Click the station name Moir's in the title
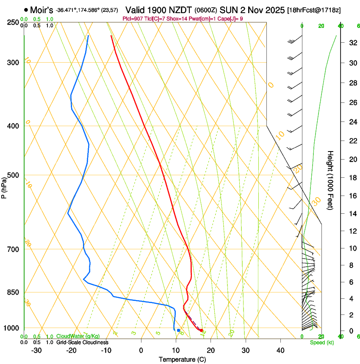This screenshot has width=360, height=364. pos(41,10)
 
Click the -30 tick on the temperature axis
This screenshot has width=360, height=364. pos(36,350)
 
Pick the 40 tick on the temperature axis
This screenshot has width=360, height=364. pos(280,350)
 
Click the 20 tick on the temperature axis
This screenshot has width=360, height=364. pos(210,350)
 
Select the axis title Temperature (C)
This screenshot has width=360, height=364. pos(182,359)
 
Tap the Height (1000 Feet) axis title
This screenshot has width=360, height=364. pos(331,180)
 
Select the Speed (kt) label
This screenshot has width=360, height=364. pos(321,342)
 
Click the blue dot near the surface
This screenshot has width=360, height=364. pos(178,330)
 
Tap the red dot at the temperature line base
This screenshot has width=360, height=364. pos(201,330)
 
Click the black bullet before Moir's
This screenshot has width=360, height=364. pos(26,10)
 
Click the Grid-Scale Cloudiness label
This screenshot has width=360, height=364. pos(82,342)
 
